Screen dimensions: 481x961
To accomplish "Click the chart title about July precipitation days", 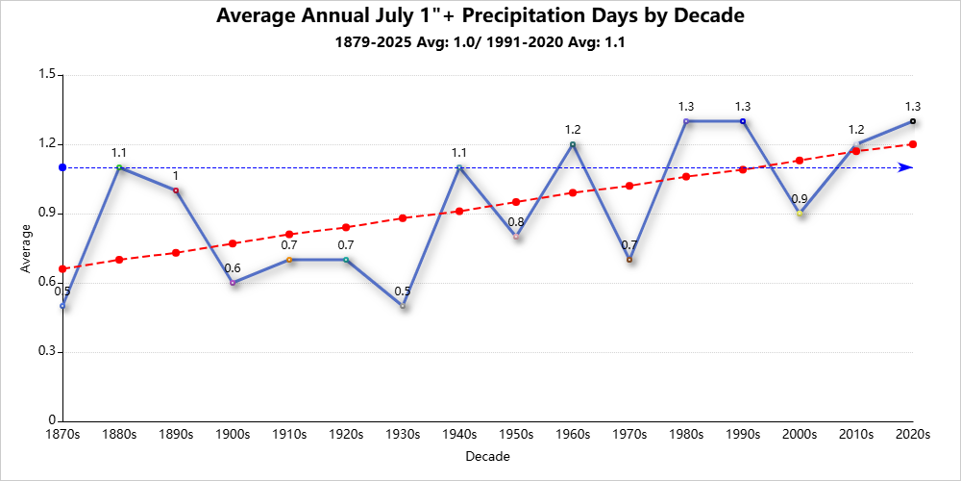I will tap(480, 16).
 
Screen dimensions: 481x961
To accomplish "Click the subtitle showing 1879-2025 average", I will tap(480, 42).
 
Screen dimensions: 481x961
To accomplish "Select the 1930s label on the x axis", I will tap(403, 435).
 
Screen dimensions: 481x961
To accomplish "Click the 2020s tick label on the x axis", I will tap(912, 435).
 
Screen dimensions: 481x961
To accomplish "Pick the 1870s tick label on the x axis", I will tap(63, 435).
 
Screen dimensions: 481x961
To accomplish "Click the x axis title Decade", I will tap(486, 456).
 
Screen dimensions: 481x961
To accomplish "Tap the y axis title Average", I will tap(26, 248).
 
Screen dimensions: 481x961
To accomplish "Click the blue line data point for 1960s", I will tap(573, 144).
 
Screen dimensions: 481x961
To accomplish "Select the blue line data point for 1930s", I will tap(403, 306).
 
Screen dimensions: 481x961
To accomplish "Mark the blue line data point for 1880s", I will tap(119, 167).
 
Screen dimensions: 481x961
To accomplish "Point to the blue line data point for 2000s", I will tap(800, 214).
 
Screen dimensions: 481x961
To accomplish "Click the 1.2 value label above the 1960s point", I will tap(573, 130).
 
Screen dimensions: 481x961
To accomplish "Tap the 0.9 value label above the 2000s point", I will tap(800, 199).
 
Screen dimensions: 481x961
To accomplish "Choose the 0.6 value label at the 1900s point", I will tap(233, 268).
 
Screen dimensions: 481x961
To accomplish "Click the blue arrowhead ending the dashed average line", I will tap(905, 167).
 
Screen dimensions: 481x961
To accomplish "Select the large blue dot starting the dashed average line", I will tap(62, 167).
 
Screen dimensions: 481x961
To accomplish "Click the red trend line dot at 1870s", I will tap(62, 268).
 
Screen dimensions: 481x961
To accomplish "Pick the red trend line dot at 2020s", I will tap(912, 144).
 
